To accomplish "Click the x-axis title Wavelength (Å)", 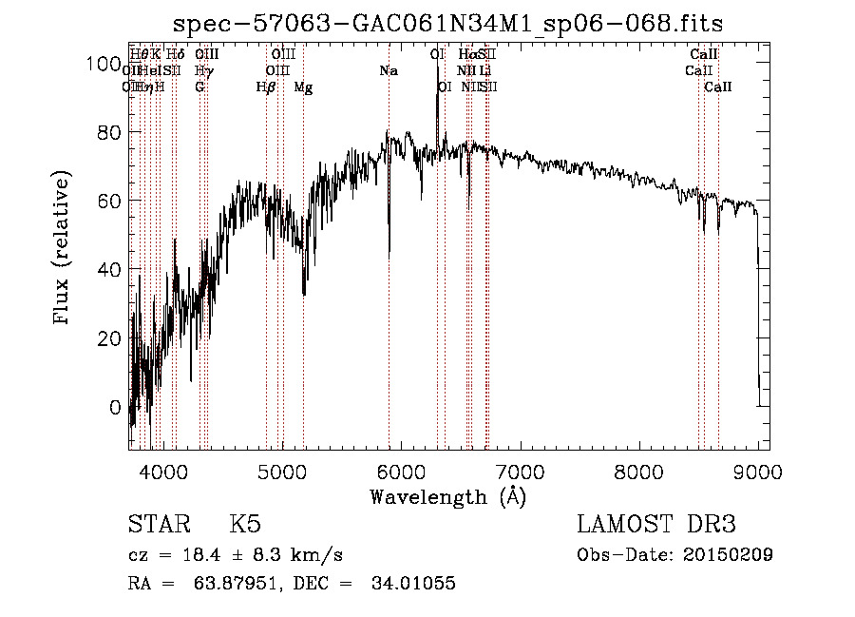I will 447,496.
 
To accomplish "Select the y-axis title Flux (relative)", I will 64,249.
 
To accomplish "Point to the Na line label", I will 388,71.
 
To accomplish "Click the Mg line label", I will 303,87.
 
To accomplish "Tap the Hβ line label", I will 266,87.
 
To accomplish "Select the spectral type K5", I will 245,525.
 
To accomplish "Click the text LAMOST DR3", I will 655,525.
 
